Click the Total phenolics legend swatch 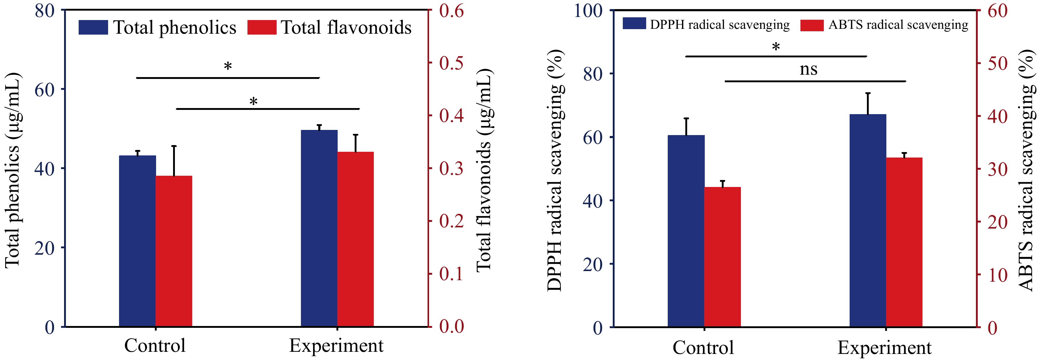(x=93, y=27)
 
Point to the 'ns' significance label (x=808, y=70)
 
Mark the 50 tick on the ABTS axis (x=997, y=63)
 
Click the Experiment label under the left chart (x=336, y=346)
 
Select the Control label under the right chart (x=703, y=348)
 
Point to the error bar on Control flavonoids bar (x=174, y=161)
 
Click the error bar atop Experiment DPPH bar (x=868, y=104)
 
